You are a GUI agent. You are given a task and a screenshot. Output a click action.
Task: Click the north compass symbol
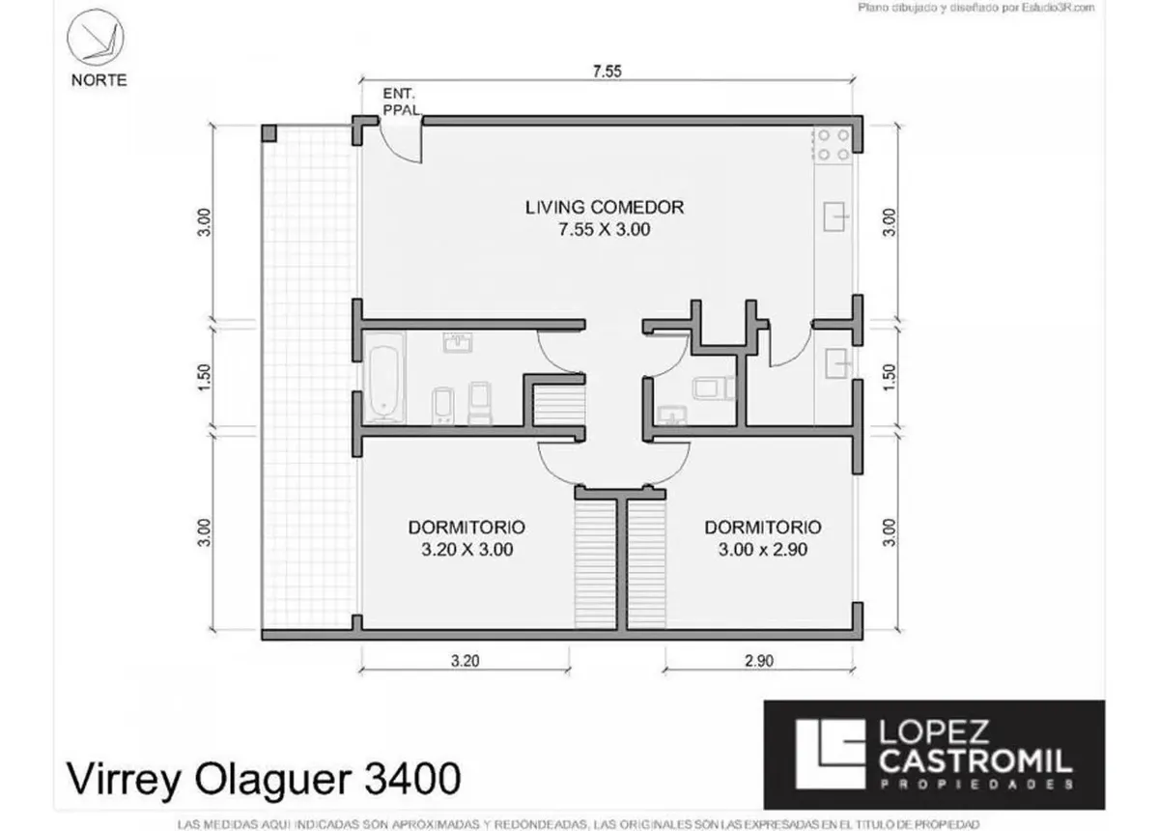tap(96, 38)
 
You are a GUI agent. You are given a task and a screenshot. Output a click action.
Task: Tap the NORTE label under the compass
tap(99, 80)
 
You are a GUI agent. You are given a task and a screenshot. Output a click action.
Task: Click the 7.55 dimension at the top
tap(607, 72)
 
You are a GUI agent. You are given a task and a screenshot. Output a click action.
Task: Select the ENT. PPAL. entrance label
tap(402, 102)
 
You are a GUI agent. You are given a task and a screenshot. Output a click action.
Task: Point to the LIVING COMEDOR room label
tap(605, 218)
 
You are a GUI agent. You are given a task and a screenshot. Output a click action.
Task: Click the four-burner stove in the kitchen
tap(833, 146)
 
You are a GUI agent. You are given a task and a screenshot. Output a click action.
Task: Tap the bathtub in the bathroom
tap(384, 378)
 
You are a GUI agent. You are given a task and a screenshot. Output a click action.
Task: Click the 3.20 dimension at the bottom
tap(466, 661)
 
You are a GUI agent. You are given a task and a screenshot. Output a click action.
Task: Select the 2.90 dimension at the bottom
tap(759, 661)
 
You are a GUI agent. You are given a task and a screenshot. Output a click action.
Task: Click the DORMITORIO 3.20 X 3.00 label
tap(466, 538)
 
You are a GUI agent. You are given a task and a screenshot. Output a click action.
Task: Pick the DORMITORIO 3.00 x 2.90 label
tap(763, 538)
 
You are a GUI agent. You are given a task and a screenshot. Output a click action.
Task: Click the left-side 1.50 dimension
tap(205, 378)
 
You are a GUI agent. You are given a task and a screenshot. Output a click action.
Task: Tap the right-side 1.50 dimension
tap(889, 378)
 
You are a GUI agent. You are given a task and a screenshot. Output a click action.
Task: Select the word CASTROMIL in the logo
tap(975, 761)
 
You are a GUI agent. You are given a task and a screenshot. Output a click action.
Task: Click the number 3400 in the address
tap(412, 778)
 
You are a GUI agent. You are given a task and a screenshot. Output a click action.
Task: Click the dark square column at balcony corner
tap(269, 133)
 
